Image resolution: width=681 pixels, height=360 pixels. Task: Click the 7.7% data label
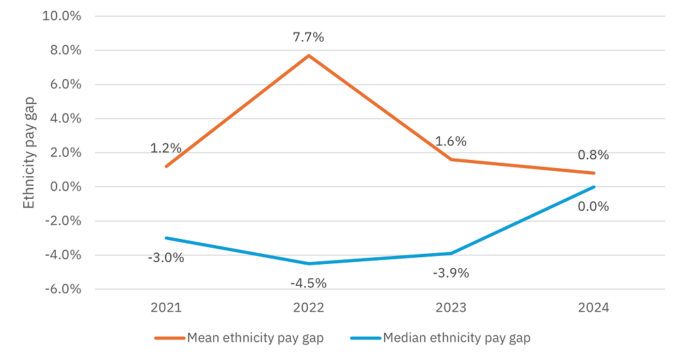(309, 37)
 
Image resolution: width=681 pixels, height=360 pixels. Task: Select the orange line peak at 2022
(309, 55)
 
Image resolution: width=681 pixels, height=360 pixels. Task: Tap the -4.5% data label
(309, 282)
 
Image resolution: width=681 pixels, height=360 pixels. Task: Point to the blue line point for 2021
(166, 238)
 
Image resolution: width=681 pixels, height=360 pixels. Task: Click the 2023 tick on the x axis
(451, 308)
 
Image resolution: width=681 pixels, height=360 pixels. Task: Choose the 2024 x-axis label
(593, 308)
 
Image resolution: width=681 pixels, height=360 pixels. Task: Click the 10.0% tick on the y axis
(62, 16)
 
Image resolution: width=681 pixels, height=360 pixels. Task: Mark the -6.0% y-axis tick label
(62, 289)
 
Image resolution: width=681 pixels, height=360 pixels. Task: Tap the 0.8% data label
(593, 155)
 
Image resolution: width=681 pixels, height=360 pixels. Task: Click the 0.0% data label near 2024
(593, 207)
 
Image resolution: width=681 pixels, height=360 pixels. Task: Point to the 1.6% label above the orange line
(451, 142)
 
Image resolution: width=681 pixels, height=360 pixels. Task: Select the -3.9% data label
(451, 273)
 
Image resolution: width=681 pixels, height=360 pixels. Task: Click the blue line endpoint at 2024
(594, 187)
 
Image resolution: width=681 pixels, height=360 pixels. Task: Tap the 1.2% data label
(166, 148)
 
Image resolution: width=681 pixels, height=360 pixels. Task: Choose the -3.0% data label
(166, 258)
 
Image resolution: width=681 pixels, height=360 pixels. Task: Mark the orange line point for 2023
(451, 159)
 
